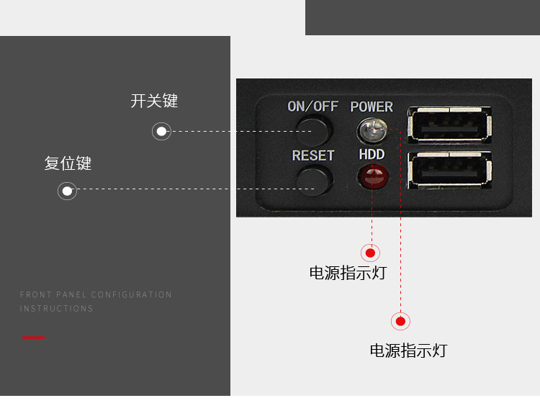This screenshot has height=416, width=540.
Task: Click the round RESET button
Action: [x=315, y=178]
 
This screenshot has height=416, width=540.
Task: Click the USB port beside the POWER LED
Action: [x=450, y=125]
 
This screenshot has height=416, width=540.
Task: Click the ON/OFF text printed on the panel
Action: [x=312, y=107]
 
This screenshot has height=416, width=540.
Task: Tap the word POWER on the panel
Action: [x=372, y=107]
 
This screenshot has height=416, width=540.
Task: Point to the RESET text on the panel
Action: [x=313, y=155]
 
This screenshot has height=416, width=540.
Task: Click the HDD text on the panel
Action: [x=372, y=155]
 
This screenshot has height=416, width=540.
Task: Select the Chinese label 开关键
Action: [x=154, y=101]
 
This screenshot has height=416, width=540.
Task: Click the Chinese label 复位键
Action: [x=68, y=163]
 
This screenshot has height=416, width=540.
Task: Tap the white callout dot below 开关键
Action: [x=161, y=131]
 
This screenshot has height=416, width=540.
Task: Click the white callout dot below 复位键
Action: [x=67, y=191]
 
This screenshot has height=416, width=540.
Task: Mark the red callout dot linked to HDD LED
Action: [x=370, y=253]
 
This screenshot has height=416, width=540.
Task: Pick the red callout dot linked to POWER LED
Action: [x=400, y=321]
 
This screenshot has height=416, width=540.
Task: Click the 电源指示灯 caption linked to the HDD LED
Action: [x=348, y=273]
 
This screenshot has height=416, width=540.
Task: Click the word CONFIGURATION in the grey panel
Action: [x=132, y=294]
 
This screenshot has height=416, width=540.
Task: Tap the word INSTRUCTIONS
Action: [x=56, y=308]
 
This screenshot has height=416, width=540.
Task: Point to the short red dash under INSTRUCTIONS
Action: [x=33, y=338]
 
